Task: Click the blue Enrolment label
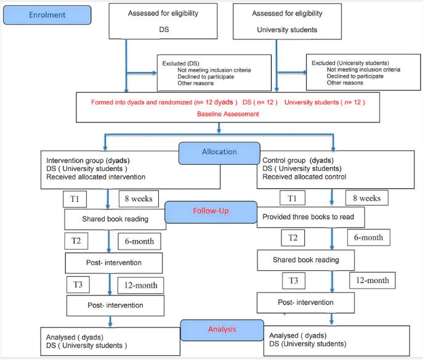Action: [x=47, y=15]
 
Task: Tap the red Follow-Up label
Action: [x=211, y=212]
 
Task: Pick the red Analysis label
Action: [x=222, y=330]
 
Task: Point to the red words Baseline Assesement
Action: [x=228, y=114]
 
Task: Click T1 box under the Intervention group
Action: [x=75, y=199]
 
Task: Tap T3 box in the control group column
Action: [x=294, y=281]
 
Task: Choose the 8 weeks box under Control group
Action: [x=367, y=198]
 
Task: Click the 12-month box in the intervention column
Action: [x=140, y=286]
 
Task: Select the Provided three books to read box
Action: [x=310, y=217]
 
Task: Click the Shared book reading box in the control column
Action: [x=305, y=260]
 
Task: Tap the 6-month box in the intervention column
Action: [x=139, y=241]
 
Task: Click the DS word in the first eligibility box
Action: [x=164, y=30]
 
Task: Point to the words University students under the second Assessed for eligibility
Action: [x=287, y=30]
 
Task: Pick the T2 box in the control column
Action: [x=293, y=238]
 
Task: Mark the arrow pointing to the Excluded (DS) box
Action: [x=142, y=73]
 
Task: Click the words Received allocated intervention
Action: [x=96, y=177]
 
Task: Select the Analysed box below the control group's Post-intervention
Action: [x=337, y=340]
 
